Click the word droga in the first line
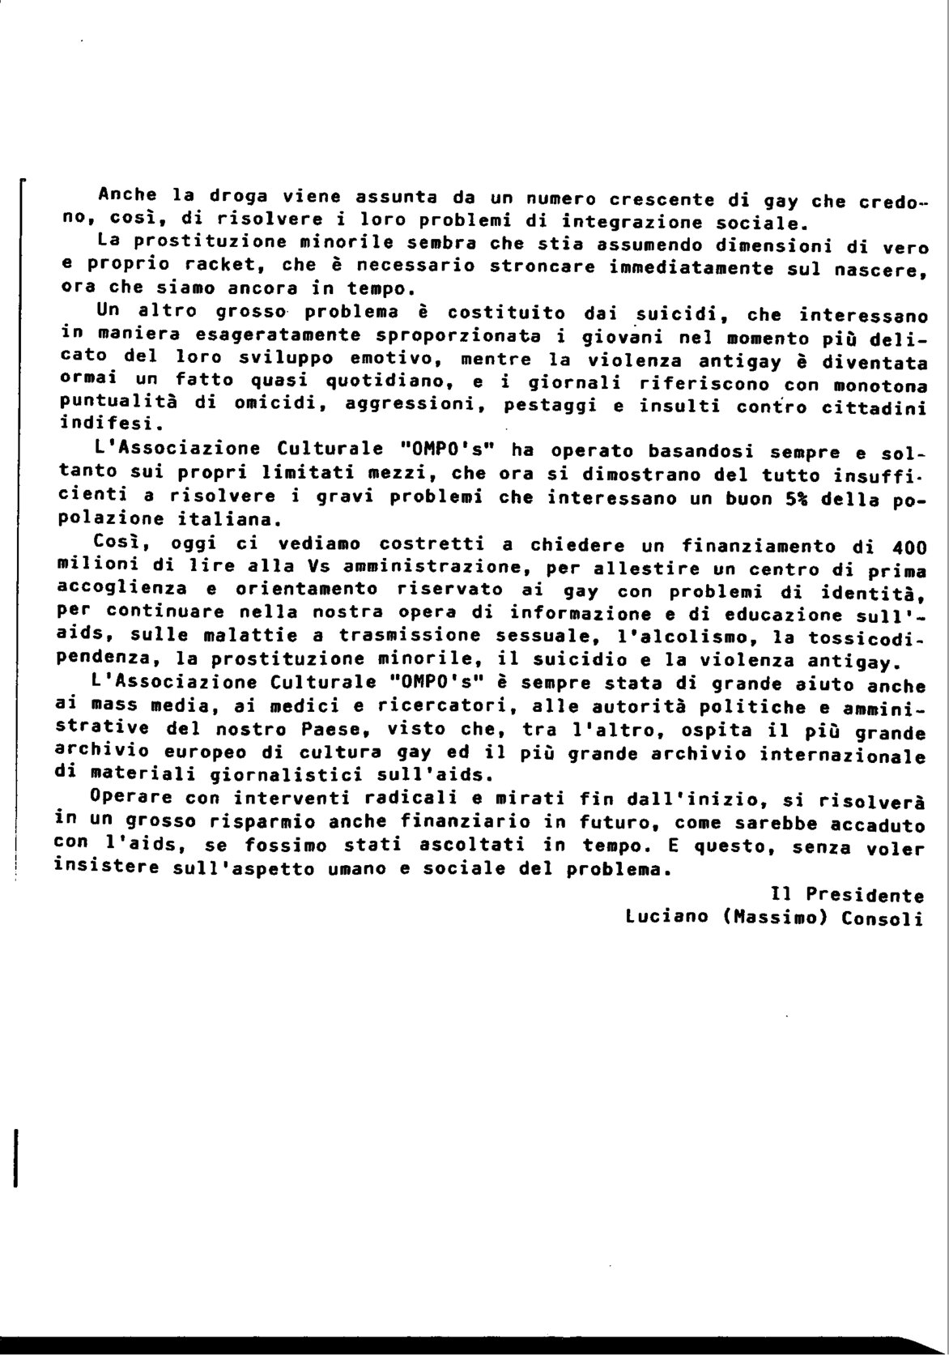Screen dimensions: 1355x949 236,197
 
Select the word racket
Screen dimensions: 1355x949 219,266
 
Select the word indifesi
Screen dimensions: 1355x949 104,423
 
